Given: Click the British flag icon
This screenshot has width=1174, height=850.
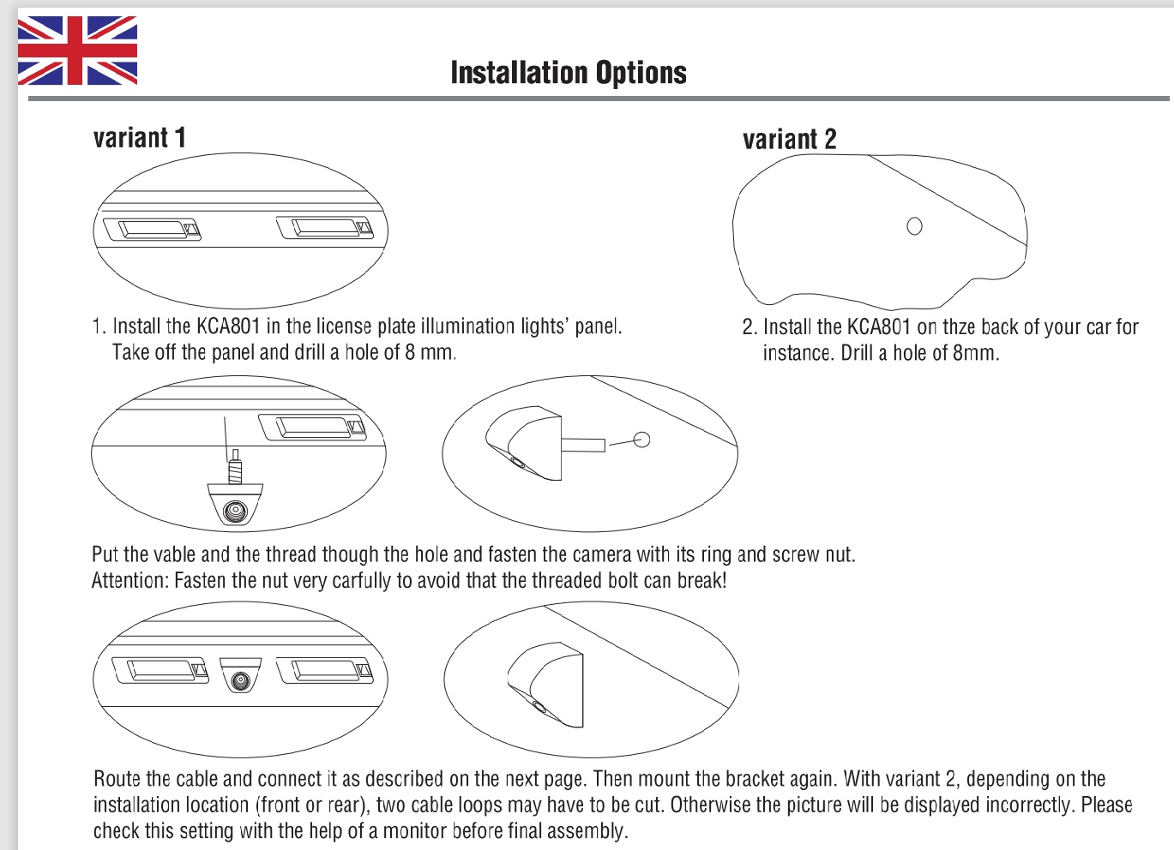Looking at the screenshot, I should pyautogui.click(x=77, y=51).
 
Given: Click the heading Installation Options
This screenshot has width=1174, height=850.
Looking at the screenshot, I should pyautogui.click(x=569, y=73).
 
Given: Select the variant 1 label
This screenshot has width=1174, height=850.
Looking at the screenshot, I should pyautogui.click(x=139, y=138).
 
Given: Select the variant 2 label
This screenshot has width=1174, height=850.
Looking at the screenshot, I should pyautogui.click(x=789, y=140).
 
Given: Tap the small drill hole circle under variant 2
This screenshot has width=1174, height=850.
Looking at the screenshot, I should pyautogui.click(x=914, y=226).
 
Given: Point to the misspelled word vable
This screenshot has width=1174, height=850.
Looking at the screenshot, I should pyautogui.click(x=172, y=554).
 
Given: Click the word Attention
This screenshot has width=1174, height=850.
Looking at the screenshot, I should pyautogui.click(x=129, y=581).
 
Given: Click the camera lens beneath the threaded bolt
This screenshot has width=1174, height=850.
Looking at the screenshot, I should pyautogui.click(x=234, y=511).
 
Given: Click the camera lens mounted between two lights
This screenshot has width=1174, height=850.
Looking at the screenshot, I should pyautogui.click(x=241, y=680).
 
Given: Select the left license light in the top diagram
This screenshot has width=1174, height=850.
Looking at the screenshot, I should pyautogui.click(x=152, y=230).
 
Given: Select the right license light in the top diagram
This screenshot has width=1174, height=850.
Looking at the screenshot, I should pyautogui.click(x=325, y=228).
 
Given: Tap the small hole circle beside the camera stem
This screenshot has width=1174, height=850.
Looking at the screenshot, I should pyautogui.click(x=641, y=440).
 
